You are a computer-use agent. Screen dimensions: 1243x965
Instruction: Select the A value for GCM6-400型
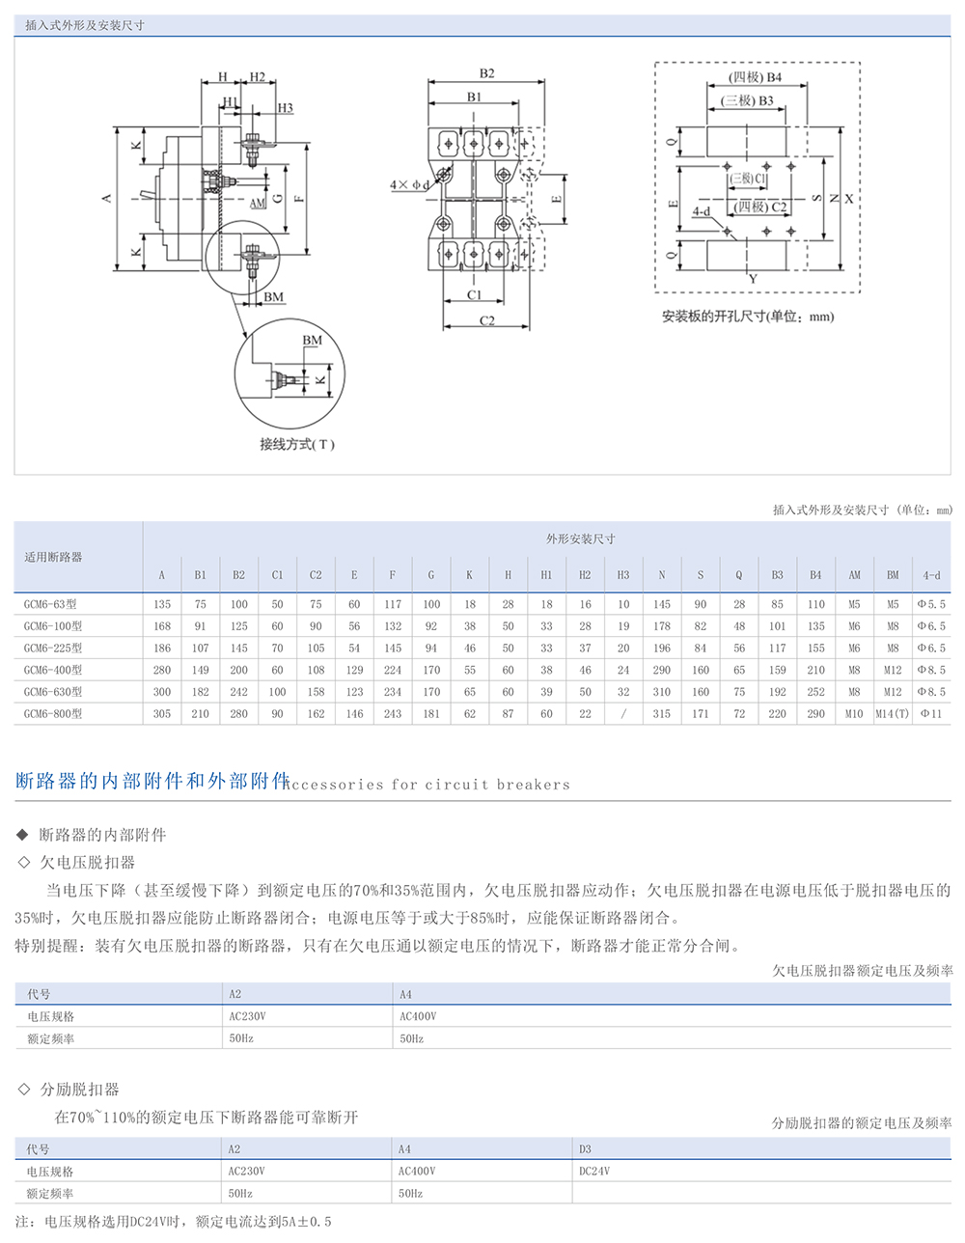(x=161, y=670)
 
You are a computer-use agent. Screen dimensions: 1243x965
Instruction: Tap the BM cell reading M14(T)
(x=893, y=714)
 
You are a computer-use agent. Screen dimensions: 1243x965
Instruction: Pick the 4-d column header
(x=931, y=575)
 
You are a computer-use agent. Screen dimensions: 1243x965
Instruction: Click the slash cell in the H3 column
(x=623, y=714)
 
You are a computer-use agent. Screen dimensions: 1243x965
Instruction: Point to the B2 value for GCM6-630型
(x=238, y=692)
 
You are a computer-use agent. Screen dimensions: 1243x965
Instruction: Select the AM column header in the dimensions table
(x=854, y=575)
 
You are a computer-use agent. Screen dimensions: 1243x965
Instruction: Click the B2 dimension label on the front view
(x=486, y=73)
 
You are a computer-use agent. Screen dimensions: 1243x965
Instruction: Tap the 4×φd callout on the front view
(x=407, y=184)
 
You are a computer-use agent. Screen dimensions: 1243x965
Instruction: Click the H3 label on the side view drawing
(x=285, y=108)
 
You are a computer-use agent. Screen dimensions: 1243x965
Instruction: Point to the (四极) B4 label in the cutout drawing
(x=755, y=77)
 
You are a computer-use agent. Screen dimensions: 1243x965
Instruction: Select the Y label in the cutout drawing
(x=753, y=279)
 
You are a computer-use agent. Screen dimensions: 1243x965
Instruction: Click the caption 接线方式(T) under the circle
(x=296, y=445)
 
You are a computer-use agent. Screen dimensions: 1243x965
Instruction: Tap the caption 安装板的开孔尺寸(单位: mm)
(x=747, y=317)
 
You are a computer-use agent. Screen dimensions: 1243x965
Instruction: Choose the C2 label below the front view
(x=486, y=320)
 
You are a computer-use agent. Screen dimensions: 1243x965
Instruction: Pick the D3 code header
(x=585, y=1149)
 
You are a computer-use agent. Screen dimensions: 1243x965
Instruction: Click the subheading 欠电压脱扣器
(x=87, y=863)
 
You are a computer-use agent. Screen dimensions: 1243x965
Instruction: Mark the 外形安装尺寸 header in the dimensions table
(x=580, y=539)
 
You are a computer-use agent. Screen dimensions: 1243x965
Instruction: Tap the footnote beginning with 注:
(x=174, y=1222)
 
